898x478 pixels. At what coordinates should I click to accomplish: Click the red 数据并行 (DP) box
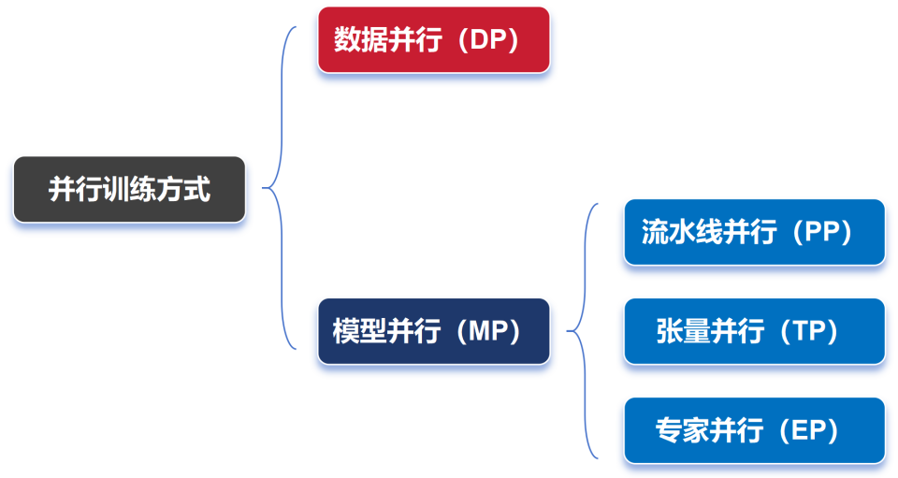[433, 40]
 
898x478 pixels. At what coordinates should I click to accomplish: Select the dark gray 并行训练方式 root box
[129, 190]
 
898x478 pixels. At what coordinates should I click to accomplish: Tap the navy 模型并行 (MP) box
[433, 331]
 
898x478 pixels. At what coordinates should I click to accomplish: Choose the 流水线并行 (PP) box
[754, 232]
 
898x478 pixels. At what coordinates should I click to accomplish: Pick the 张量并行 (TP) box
[754, 331]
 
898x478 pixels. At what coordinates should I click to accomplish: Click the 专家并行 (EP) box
[754, 430]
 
